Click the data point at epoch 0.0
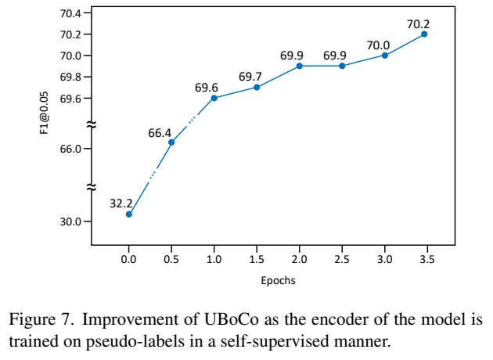coord(129,214)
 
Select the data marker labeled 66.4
coord(171,142)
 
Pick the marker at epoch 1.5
coord(257,87)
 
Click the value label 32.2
coord(121,202)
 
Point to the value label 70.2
coord(419,23)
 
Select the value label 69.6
coord(207,87)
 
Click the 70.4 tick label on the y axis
coord(70,13)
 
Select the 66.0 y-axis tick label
coord(70,149)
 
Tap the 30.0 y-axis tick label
coord(70,221)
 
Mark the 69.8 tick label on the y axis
coord(70,77)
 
